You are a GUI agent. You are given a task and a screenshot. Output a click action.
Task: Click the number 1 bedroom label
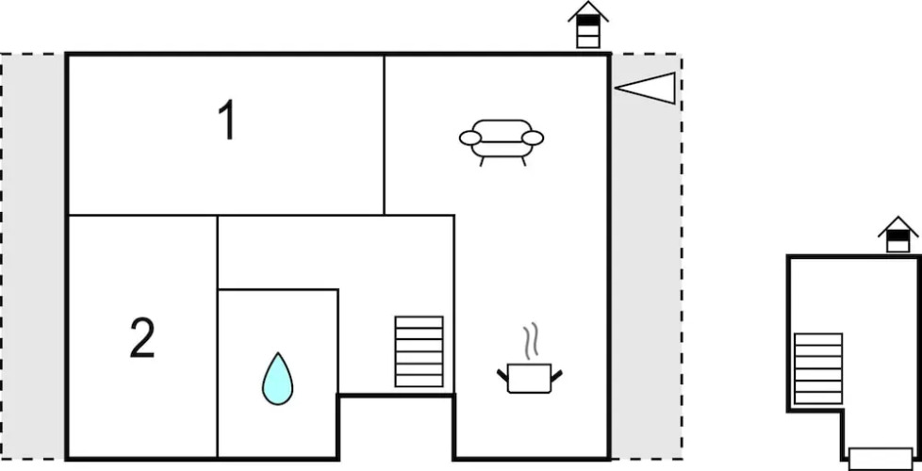pos(226,122)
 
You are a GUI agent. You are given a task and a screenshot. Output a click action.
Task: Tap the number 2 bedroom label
pos(141,339)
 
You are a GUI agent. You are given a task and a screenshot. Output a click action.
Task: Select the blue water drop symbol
pos(277,379)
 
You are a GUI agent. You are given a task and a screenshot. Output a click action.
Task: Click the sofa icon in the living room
pos(502,138)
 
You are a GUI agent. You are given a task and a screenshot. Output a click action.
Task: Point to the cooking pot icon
pos(529,376)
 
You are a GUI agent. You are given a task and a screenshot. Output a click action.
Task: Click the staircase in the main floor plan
pos(419,350)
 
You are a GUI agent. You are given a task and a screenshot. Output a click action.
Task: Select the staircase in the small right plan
pos(818,368)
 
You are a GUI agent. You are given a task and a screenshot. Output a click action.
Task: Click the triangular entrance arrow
pos(649,88)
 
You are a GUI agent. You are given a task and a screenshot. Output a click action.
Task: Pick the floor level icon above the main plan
pos(588,24)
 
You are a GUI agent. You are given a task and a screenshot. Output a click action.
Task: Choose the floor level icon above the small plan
pos(897,235)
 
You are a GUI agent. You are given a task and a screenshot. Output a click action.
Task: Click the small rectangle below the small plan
pos(881,459)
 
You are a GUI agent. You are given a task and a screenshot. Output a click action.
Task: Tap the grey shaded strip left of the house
pos(33,254)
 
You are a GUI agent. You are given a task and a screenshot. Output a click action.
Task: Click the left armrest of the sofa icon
pos(469,139)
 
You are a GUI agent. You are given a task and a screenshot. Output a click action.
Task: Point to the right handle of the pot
pos(557,376)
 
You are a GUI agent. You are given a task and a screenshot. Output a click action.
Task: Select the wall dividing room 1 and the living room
pos(384,135)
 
